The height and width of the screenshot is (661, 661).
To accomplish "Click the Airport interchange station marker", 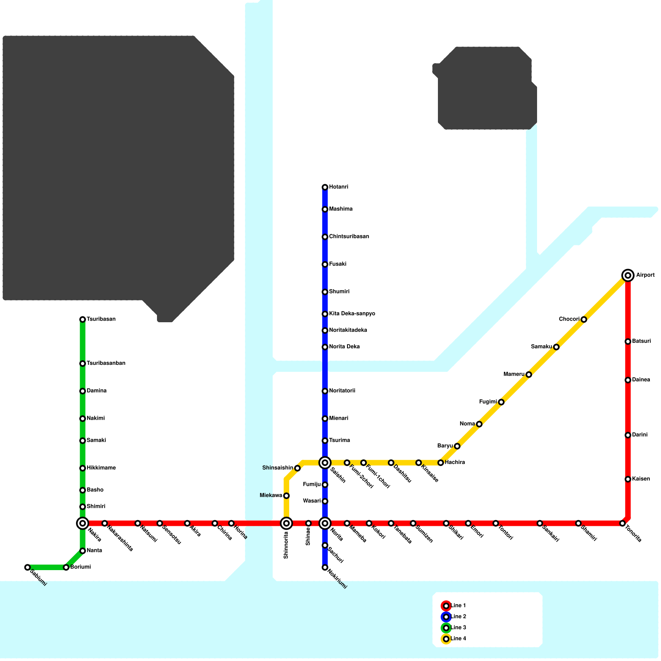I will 628,275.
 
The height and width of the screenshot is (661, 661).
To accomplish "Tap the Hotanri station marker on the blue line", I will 325,188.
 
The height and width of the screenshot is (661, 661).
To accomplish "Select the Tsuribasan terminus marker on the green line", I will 83,319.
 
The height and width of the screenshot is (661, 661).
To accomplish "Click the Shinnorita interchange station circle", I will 286,523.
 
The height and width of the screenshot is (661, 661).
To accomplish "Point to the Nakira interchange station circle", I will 83,523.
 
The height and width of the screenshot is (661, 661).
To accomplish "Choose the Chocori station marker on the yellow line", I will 584,319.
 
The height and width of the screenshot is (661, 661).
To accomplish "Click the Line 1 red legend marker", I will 446,606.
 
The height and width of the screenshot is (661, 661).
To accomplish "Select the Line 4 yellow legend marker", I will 446,639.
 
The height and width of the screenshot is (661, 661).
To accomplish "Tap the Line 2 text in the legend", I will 459,617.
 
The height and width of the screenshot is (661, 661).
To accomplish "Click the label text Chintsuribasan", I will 349,237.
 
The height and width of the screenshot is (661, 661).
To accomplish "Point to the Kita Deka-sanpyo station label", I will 352,314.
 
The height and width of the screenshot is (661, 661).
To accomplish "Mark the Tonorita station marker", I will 623,523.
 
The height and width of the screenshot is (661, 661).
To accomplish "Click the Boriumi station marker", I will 66,568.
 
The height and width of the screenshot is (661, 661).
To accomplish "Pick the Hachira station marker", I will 441,463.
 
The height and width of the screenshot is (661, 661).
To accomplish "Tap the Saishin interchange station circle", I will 325,463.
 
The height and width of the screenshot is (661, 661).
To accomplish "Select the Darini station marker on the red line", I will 628,435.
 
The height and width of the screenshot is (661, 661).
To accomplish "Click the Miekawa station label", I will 271,496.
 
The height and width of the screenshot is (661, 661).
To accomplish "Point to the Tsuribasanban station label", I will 106,364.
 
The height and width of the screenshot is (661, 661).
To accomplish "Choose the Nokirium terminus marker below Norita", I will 325,568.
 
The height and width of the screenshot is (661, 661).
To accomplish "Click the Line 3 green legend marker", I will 446,628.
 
